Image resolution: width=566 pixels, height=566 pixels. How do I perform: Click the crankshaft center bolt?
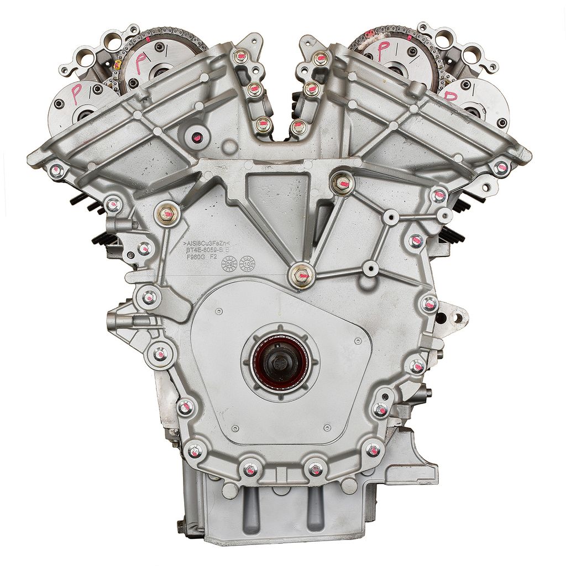[x=277, y=363]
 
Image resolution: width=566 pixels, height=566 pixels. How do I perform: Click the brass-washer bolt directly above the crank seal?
[x=301, y=275]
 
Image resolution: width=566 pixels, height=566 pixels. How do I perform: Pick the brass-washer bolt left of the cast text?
[x=166, y=213]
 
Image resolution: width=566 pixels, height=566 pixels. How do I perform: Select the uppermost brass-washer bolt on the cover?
[x=342, y=183]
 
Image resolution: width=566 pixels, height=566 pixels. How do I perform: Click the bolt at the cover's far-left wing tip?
[x=57, y=170]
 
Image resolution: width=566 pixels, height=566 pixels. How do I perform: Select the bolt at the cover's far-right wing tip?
[x=501, y=167]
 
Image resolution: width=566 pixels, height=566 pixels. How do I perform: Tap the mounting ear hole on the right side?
[x=457, y=318]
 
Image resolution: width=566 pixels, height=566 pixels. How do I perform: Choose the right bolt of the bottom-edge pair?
[x=315, y=469]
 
